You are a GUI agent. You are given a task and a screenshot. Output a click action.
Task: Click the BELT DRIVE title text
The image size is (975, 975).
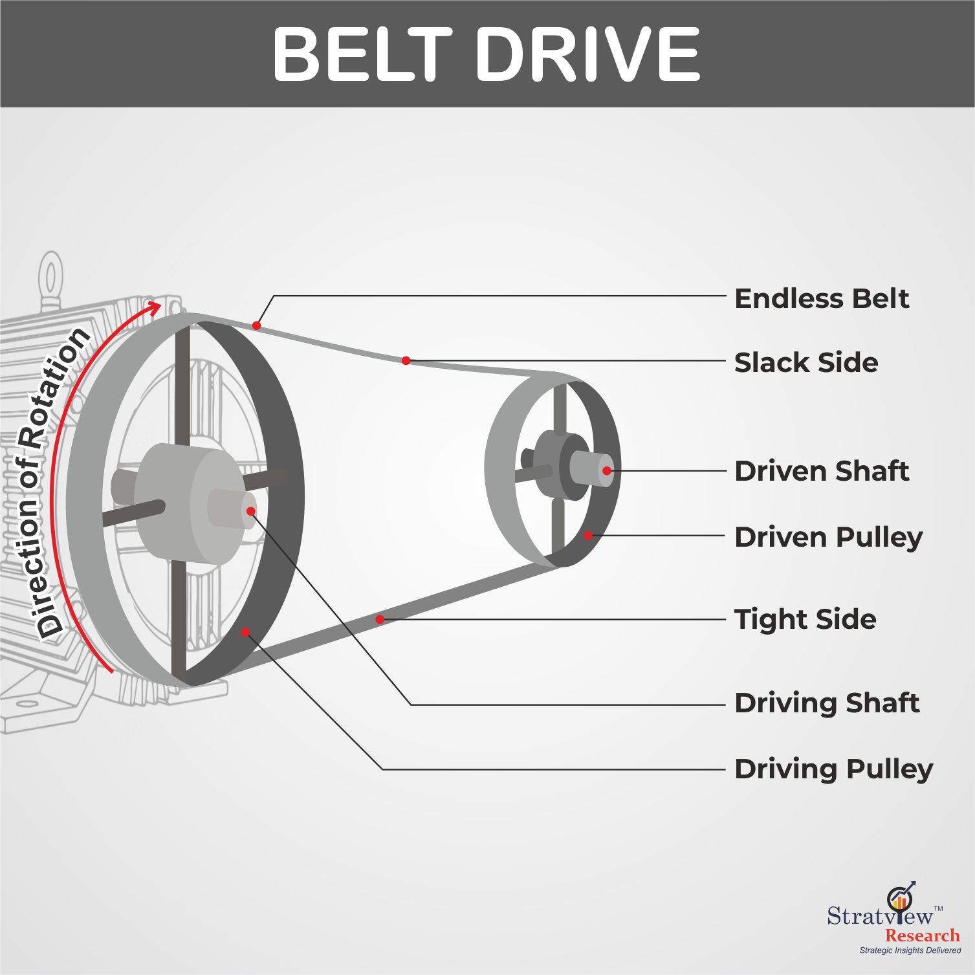coord(487,54)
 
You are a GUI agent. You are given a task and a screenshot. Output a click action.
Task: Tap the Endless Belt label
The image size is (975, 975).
coord(822,299)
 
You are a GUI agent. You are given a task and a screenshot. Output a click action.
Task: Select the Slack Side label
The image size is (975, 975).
coord(806,362)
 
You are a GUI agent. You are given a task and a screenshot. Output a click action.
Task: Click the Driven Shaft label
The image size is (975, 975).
coord(822,471)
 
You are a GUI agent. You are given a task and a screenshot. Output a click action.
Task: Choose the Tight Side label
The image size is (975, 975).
coord(805,619)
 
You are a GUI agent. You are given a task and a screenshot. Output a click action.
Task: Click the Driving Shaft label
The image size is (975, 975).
coord(827,703)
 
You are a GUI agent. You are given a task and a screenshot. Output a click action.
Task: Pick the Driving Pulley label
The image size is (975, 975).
coord(834,770)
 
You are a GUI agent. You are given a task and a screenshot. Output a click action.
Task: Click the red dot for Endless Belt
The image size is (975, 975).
coord(256,325)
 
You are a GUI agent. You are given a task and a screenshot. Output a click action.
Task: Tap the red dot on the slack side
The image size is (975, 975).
coord(406,360)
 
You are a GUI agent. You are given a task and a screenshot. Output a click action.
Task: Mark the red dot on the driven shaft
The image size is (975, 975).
coord(606,470)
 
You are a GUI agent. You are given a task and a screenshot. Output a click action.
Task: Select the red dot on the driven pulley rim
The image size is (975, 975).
coord(587,536)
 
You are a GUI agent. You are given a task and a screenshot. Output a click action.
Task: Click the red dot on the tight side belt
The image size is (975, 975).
coord(380,619)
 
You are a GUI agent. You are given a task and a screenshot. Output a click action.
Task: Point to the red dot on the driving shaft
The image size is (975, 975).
coord(250,511)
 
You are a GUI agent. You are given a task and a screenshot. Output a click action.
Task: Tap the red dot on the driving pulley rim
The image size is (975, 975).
coord(245,631)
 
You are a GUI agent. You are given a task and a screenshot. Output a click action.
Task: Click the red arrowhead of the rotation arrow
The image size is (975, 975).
coord(153,307)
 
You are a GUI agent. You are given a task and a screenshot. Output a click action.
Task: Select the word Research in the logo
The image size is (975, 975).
coord(923,936)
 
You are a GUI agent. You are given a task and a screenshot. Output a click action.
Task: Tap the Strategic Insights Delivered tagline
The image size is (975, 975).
coord(910,950)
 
